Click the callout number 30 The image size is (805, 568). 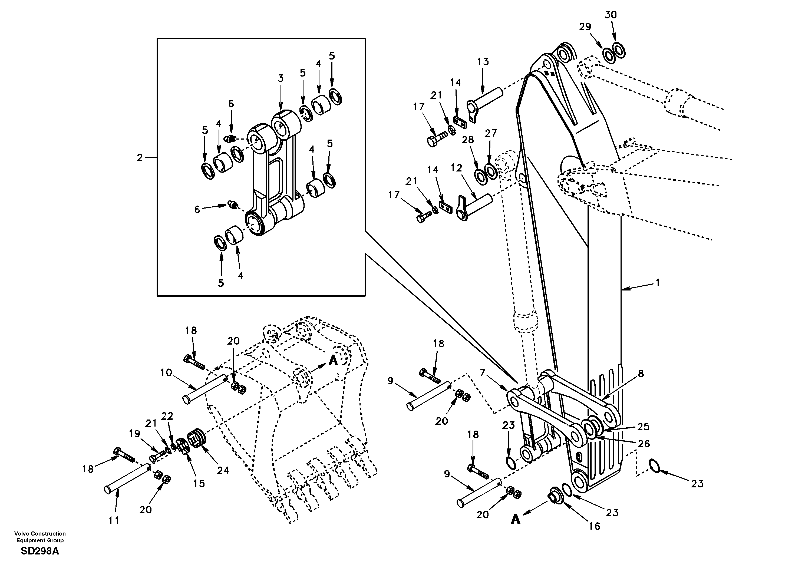(x=611, y=15)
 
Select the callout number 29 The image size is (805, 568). (x=585, y=27)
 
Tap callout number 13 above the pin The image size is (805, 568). (x=483, y=61)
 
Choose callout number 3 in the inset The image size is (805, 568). (x=281, y=78)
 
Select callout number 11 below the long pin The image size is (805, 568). (x=114, y=521)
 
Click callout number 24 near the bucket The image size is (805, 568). (x=223, y=470)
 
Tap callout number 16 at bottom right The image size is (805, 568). (x=595, y=526)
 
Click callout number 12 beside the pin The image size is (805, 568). (x=457, y=168)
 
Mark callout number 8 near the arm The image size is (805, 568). (x=641, y=374)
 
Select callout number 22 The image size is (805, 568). (x=167, y=416)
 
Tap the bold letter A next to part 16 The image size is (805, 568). (x=515, y=519)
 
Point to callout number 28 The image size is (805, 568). (x=468, y=140)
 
